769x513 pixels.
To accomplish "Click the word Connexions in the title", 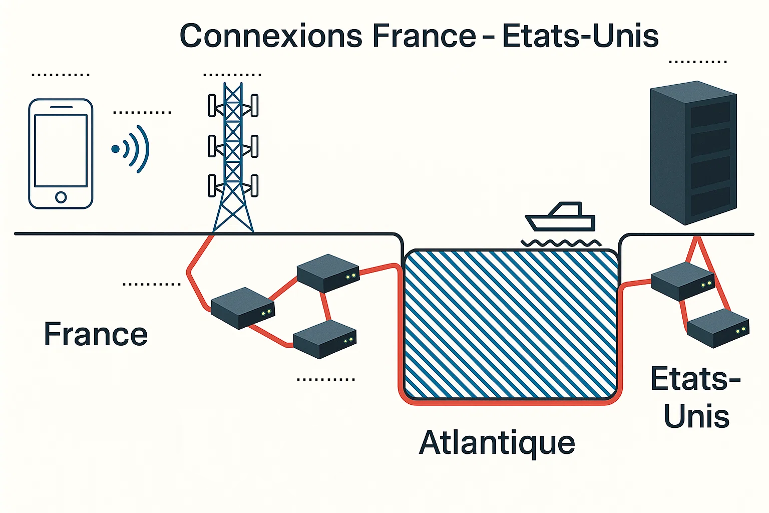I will [270, 36].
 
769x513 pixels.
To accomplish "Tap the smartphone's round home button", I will [61, 197].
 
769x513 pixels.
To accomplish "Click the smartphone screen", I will [61, 150].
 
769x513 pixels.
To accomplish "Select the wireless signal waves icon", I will [131, 149].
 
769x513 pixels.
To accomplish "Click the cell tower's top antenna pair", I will [233, 105].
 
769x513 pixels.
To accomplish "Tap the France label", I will [96, 334].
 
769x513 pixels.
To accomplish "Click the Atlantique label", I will [497, 443].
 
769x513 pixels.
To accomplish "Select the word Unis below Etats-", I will [696, 416].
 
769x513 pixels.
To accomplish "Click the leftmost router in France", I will [243, 308].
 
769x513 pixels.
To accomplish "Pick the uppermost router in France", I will [328, 273].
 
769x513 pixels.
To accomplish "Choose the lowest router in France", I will [324, 339].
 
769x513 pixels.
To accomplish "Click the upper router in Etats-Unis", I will [683, 281].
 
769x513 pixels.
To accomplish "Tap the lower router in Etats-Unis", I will [718, 328].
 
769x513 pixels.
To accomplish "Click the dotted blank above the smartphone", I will [61, 75].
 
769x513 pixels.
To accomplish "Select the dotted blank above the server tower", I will [698, 62].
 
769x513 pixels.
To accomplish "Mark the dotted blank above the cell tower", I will [232, 75].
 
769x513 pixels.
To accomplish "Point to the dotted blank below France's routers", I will [326, 379].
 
